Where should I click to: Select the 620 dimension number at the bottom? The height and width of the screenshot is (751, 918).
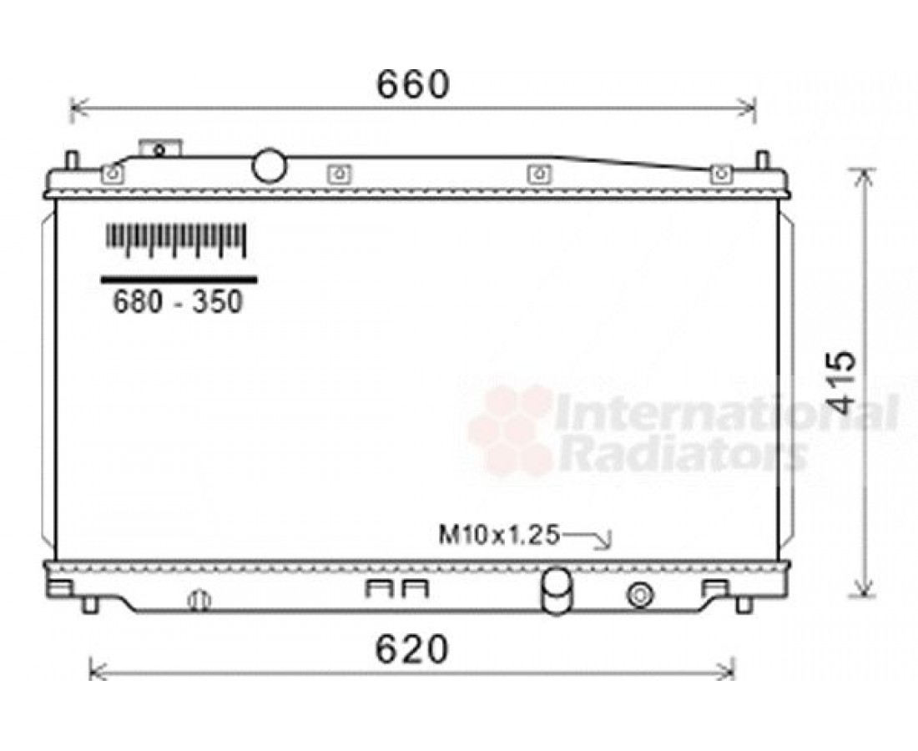click(x=412, y=649)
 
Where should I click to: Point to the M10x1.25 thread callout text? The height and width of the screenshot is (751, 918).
click(x=499, y=534)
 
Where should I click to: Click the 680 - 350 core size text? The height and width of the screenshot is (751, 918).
click(x=178, y=302)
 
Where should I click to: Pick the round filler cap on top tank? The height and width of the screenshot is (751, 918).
click(x=269, y=166)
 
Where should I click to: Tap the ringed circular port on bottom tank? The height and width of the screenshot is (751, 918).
click(x=640, y=596)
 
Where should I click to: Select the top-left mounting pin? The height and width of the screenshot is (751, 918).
click(x=72, y=160)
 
